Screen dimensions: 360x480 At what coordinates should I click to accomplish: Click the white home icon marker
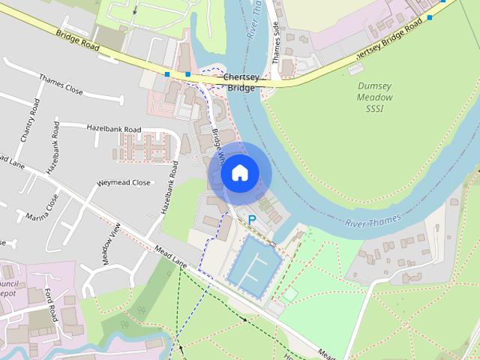pos(239,173)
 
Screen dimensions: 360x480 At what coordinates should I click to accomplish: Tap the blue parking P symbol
pos(252,219)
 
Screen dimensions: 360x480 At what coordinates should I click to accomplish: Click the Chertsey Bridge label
pos(239,82)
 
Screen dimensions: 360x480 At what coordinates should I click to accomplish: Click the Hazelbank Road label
pos(114,129)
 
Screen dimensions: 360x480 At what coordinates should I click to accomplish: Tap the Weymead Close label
pos(123,182)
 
